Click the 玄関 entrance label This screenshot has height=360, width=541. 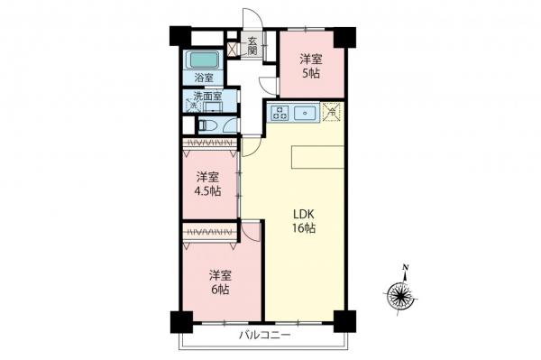point(253,45)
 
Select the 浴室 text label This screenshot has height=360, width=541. point(203,78)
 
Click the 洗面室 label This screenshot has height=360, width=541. point(204,97)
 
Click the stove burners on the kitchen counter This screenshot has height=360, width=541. point(279,114)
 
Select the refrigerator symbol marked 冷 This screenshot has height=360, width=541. point(331,113)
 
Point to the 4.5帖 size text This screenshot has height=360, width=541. point(209,191)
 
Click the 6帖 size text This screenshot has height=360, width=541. point(220,291)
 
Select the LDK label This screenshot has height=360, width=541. point(303,214)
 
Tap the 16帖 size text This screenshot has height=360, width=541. point(303,229)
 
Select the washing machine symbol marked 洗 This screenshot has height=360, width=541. point(192,106)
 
